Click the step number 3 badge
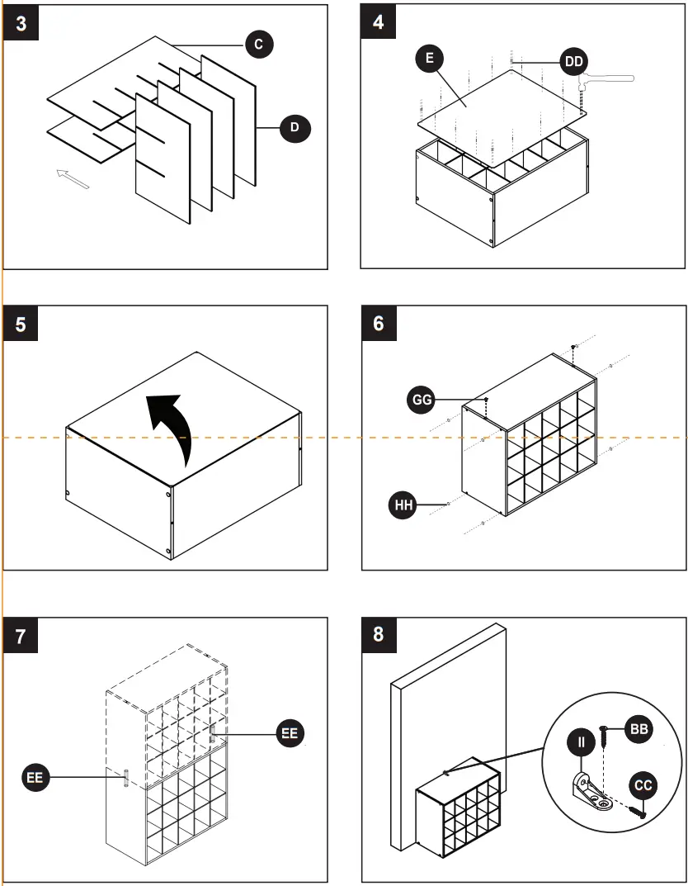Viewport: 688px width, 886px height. point(21,23)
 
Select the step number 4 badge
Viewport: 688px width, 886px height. point(379,22)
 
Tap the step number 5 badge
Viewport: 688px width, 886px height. point(21,325)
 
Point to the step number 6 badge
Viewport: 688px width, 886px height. point(379,323)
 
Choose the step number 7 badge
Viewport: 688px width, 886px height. point(21,636)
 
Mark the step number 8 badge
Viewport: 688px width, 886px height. point(379,635)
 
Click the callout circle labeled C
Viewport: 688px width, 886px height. point(259,45)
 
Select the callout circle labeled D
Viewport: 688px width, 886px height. point(295,128)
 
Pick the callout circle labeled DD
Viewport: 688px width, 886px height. point(574,61)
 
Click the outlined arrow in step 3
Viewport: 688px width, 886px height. point(73,178)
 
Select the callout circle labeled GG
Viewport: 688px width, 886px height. point(422,400)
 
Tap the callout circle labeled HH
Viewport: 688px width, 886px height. point(403,505)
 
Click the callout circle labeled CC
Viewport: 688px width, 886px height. point(643,785)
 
